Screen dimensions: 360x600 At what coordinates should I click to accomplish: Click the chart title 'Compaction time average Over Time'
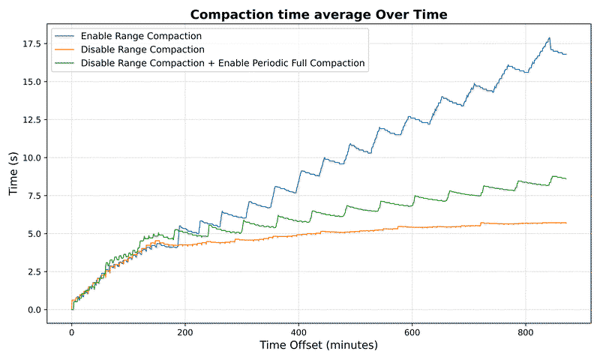pyautogui.click(x=319, y=15)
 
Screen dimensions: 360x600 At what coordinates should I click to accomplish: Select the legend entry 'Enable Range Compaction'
pyautogui.click(x=140, y=36)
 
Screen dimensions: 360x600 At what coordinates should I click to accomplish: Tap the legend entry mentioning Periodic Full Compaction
pyautogui.click(x=222, y=63)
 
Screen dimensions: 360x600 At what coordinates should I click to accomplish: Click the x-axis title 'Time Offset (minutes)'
pyautogui.click(x=319, y=346)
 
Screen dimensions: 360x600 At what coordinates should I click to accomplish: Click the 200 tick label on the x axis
pyautogui.click(x=185, y=332)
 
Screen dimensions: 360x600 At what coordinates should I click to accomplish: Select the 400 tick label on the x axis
pyautogui.click(x=298, y=332)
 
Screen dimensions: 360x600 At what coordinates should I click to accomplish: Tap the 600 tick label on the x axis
pyautogui.click(x=412, y=332)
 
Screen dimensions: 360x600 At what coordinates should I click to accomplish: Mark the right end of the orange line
pyautogui.click(x=566, y=223)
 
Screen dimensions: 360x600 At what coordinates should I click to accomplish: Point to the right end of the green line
pyautogui.click(x=566, y=178)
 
